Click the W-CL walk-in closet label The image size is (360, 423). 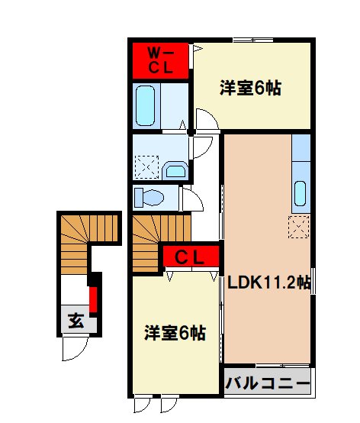pos(161,60)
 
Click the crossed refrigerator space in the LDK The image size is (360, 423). pos(299,227)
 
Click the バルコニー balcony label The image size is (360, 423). pos(268,382)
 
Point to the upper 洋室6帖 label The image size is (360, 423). pos(250,89)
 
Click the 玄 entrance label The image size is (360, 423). pos(76,321)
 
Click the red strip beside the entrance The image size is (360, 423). pos(93,299)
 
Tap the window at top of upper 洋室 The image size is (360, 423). pos(253,40)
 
